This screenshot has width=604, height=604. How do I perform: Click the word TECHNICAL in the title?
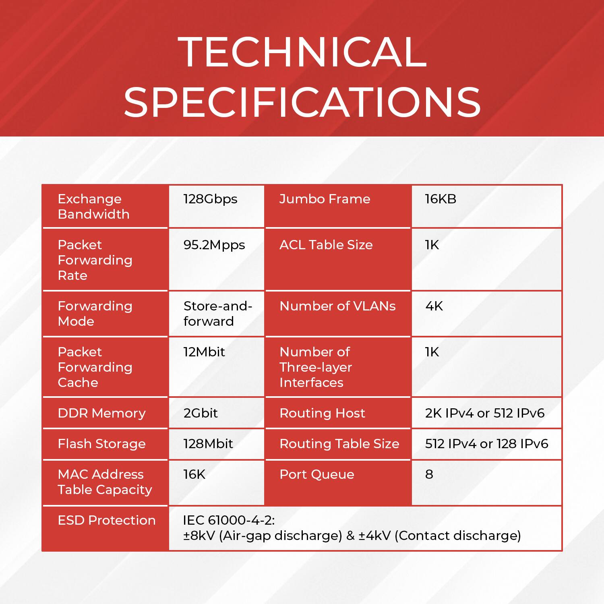(x=302, y=52)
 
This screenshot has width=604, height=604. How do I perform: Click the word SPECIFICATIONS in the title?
(x=302, y=102)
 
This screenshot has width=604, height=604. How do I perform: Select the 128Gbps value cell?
(x=210, y=199)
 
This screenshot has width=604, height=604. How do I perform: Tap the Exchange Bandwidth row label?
(x=93, y=207)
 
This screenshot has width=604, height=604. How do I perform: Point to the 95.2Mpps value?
(x=214, y=245)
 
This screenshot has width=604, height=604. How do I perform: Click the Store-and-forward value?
(x=217, y=314)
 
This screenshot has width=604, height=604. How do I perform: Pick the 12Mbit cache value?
(x=204, y=352)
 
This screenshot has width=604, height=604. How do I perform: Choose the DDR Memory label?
(x=101, y=413)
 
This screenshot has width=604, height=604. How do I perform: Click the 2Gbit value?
(x=201, y=413)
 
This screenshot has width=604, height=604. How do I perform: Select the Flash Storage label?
(x=101, y=444)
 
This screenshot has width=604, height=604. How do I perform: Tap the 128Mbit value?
(x=208, y=444)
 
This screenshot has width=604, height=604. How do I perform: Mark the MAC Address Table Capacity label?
(x=105, y=482)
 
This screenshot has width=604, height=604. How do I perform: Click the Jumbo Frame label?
(x=325, y=199)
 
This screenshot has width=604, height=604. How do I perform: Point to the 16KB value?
(x=441, y=199)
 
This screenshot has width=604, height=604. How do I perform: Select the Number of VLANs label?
(x=337, y=306)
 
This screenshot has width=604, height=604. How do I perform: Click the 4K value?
(x=434, y=306)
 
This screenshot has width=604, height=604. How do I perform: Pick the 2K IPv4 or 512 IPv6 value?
(x=485, y=413)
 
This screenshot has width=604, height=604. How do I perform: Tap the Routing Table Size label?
(x=339, y=444)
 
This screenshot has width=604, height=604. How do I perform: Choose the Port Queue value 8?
(x=429, y=474)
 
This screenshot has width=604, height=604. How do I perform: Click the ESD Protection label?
(x=106, y=520)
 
